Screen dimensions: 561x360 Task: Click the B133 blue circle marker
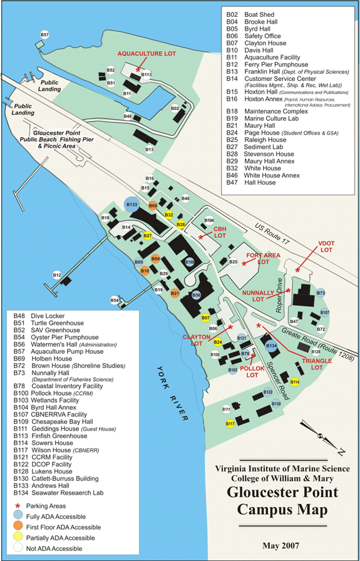point(132,205)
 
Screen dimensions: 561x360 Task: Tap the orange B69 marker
point(153,205)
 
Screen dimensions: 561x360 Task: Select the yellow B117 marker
point(230,424)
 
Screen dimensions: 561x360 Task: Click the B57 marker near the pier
point(44,34)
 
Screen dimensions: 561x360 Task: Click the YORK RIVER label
point(172,387)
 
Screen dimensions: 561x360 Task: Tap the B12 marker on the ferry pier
point(57,275)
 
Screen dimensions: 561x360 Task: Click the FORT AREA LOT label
point(263,259)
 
